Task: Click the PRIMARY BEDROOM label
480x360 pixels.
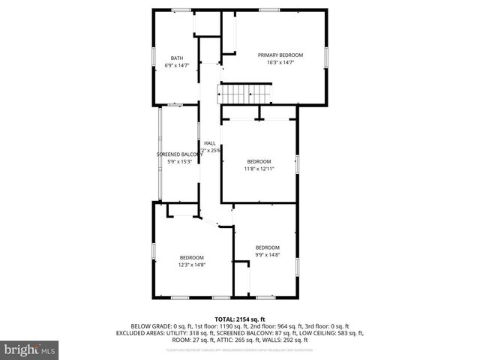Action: point(280,55)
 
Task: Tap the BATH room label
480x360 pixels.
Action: point(176,58)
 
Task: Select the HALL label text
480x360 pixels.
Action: point(210,143)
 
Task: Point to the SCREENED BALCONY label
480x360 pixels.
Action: point(177,154)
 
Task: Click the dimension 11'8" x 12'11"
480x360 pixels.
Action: point(259,169)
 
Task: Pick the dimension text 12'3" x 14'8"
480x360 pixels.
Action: point(191,265)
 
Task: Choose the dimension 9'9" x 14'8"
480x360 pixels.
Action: point(267,255)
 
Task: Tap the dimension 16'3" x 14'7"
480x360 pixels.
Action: point(280,62)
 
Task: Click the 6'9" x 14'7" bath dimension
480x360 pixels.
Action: point(176,66)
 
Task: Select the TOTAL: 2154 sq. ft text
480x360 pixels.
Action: point(239,319)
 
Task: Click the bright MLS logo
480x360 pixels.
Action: point(30,349)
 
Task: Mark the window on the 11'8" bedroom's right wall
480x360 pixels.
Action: point(298,164)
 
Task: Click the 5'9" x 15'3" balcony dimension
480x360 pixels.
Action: point(177,161)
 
